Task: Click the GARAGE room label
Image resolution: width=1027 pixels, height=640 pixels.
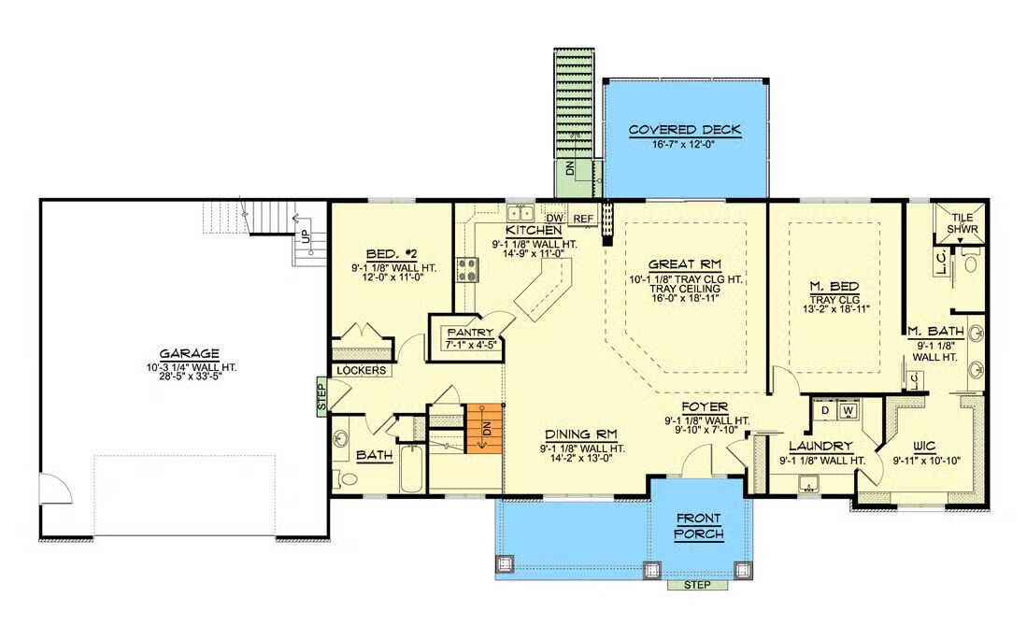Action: click(x=189, y=354)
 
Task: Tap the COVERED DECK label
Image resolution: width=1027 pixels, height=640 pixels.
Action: click(x=684, y=130)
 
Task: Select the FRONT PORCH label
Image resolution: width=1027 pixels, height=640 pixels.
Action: click(x=699, y=526)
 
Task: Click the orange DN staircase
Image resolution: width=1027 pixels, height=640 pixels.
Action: click(x=484, y=429)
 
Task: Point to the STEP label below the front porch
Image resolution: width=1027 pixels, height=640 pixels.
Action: click(x=697, y=585)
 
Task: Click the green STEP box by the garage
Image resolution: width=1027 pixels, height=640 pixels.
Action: click(x=321, y=396)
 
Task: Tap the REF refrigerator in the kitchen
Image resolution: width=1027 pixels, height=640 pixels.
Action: click(x=583, y=219)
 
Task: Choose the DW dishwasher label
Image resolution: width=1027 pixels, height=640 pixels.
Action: click(x=555, y=218)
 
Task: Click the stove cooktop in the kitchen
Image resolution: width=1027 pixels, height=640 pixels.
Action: click(x=467, y=269)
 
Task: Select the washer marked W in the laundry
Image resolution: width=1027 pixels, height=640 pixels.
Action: click(x=849, y=411)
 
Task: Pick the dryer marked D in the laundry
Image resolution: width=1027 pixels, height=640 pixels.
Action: click(x=825, y=411)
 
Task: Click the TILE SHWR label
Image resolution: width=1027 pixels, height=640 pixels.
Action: click(x=963, y=223)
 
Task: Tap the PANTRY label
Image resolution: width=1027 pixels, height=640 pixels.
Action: click(x=470, y=333)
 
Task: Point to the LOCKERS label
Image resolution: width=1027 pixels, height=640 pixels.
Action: click(x=361, y=370)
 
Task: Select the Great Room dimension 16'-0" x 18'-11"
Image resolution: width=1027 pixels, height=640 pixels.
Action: click(x=684, y=298)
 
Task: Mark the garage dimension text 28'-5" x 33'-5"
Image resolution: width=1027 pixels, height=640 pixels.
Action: click(x=190, y=377)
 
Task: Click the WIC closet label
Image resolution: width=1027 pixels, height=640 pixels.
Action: click(x=924, y=446)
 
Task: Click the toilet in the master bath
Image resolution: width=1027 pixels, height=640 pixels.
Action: click(x=971, y=263)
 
